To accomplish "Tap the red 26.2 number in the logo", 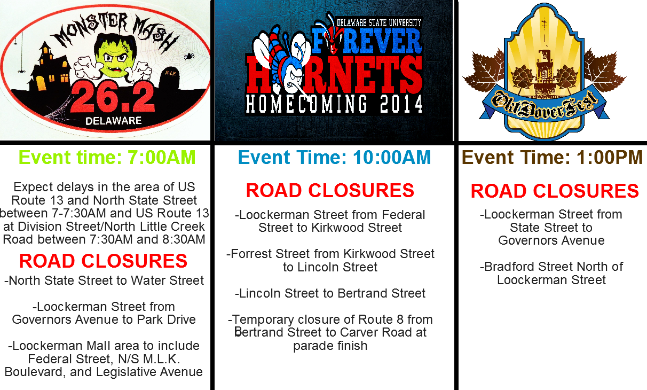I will (x=112, y=99).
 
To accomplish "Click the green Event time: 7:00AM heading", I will (x=107, y=158).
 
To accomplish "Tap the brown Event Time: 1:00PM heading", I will (x=552, y=158).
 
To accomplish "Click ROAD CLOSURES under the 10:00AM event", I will (x=330, y=191).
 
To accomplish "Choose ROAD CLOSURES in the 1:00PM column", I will (x=554, y=191).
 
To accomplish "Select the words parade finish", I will (x=330, y=346).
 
